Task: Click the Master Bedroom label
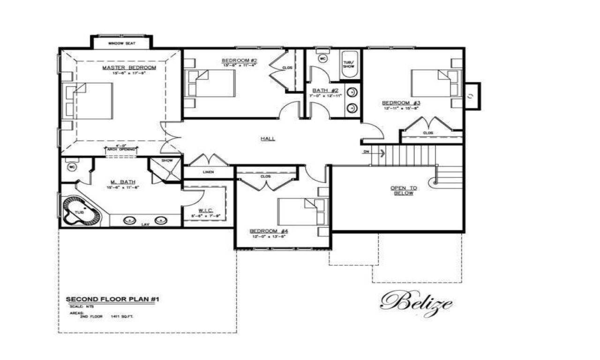click(129, 68)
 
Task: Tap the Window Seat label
click(121, 44)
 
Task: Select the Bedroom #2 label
click(239, 60)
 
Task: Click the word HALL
click(268, 139)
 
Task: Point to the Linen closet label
click(208, 172)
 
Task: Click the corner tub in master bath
click(81, 212)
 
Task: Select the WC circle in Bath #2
click(322, 59)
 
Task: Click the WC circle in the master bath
click(72, 167)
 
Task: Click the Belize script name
click(415, 302)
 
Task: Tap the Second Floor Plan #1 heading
click(112, 299)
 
